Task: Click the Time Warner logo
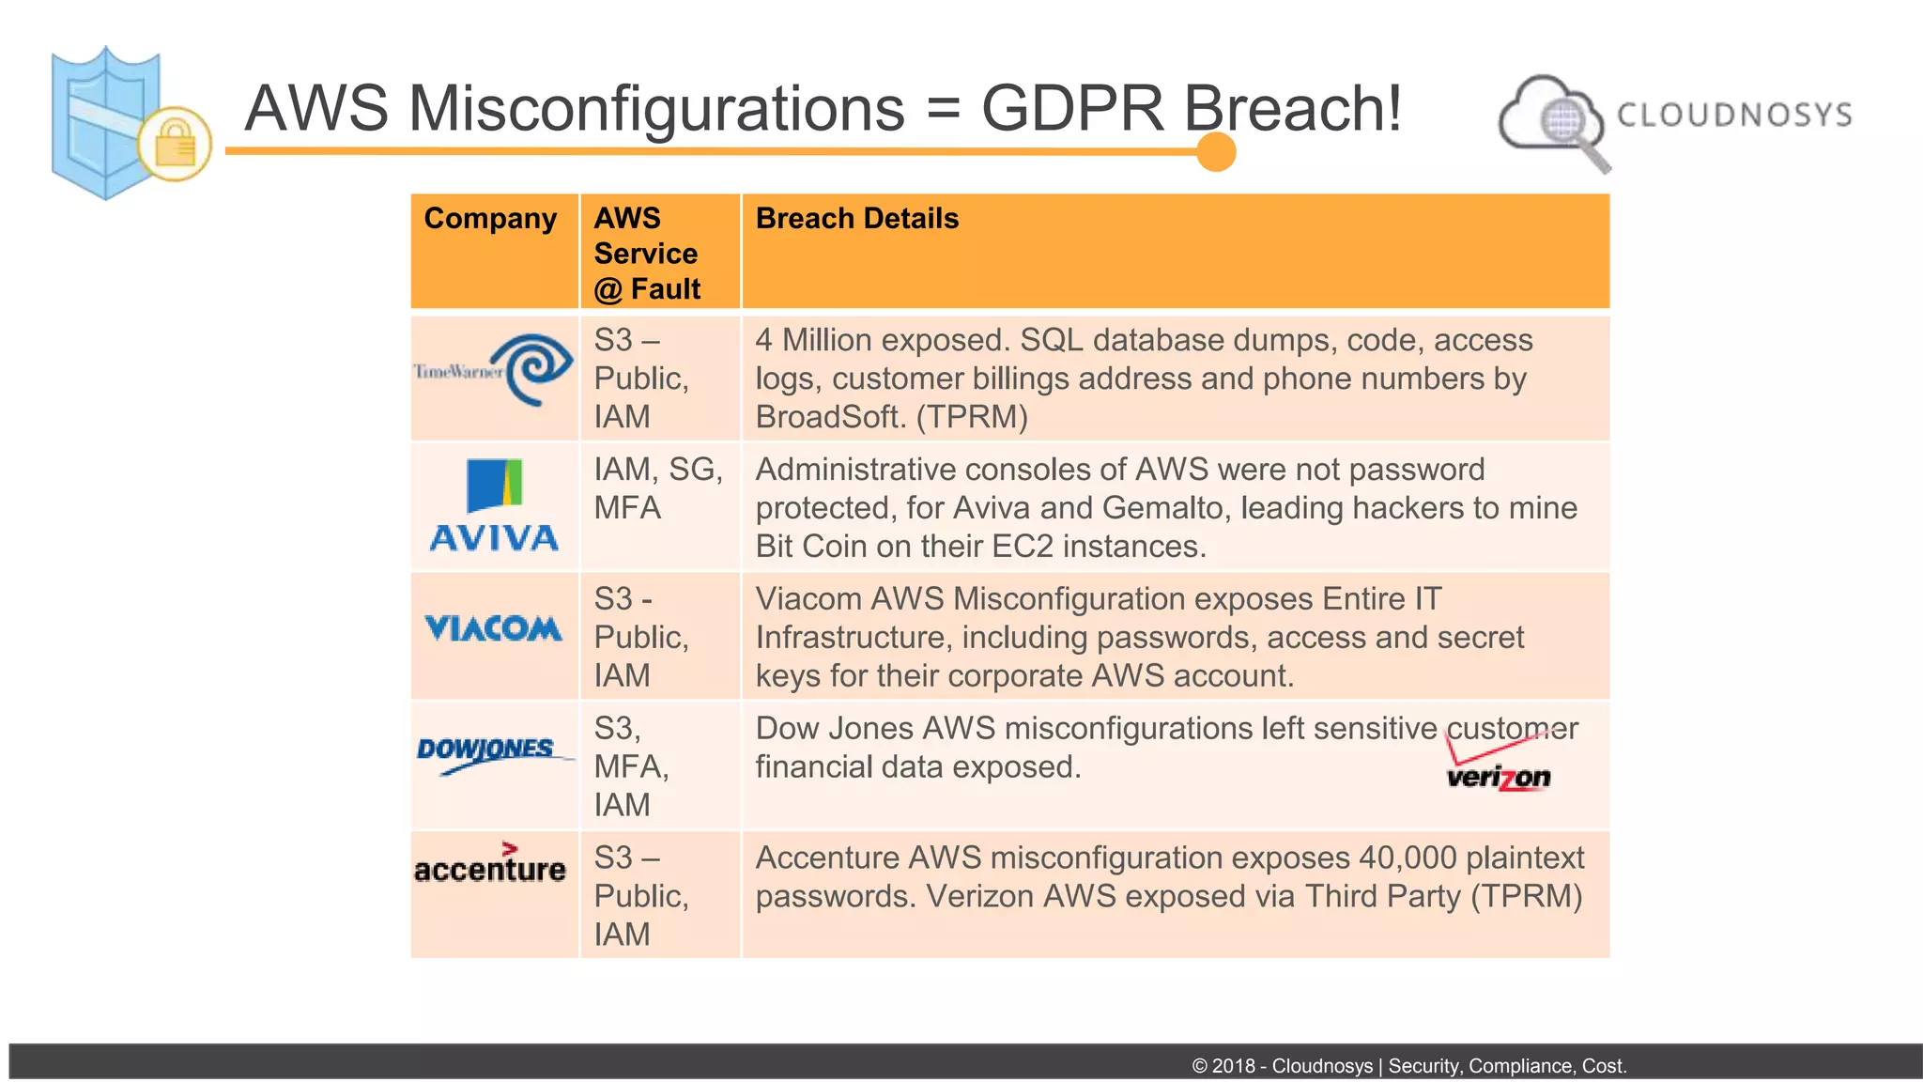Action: [495, 371]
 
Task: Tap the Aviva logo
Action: [494, 506]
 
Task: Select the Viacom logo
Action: [493, 628]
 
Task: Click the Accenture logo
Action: [490, 864]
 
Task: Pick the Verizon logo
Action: [1499, 765]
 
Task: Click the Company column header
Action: [490, 219]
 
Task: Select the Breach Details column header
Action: [856, 219]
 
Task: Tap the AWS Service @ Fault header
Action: [647, 254]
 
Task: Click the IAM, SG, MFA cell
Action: [657, 488]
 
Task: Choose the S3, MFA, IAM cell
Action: [631, 766]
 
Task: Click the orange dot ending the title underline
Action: [1216, 152]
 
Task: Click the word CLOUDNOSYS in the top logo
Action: [1733, 115]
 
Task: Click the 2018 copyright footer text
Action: [1408, 1066]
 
